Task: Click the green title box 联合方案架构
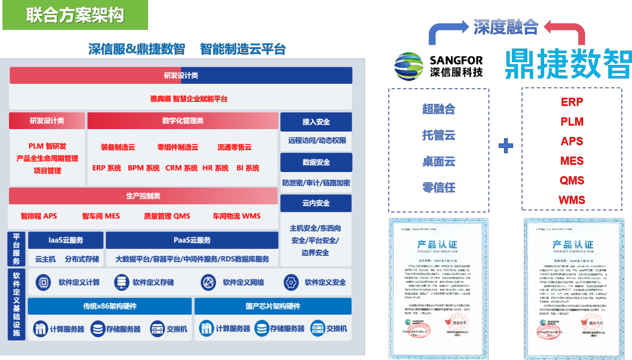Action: [x=75, y=15]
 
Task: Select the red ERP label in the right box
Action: [x=572, y=102]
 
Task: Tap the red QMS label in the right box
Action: [x=572, y=180]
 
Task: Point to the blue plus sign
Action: [x=506, y=146]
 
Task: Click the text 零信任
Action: [x=438, y=187]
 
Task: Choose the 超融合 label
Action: [x=438, y=109]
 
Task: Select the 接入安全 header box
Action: [x=316, y=122]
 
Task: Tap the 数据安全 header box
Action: [x=316, y=162]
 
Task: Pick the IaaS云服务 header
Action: [x=65, y=240]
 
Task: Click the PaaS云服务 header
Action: [x=192, y=240]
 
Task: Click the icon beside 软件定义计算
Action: [x=43, y=283]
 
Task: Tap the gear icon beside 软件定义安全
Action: [x=291, y=283]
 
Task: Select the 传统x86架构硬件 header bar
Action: [x=110, y=306]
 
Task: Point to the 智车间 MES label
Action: [x=101, y=216]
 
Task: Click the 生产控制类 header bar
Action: [x=143, y=196]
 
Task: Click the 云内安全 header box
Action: [x=316, y=203]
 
